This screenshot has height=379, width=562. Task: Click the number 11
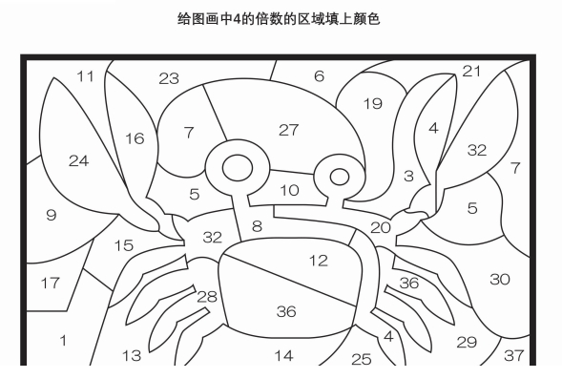point(85,76)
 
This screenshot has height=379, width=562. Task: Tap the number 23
point(169,78)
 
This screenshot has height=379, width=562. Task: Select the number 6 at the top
point(319,76)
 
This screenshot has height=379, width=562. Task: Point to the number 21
point(471,71)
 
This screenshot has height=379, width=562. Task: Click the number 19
point(373,104)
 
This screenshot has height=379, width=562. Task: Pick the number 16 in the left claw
point(135,138)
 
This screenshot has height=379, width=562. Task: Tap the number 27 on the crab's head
point(288,130)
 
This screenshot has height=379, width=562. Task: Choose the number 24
point(78,160)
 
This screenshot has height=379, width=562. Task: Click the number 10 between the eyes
point(290,190)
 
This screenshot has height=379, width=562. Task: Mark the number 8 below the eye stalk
point(257,226)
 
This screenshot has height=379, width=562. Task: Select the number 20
point(381,227)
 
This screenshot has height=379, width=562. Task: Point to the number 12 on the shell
point(319,261)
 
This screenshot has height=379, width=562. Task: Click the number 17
point(50,283)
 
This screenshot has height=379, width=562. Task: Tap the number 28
point(207,297)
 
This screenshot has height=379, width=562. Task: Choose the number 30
point(500,279)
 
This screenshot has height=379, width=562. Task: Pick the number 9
point(52,215)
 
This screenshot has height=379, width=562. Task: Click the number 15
point(124,245)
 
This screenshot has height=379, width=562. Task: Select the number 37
point(514,355)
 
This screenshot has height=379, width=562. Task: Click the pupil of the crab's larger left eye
point(238,168)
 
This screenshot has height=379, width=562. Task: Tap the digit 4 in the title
point(237,19)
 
